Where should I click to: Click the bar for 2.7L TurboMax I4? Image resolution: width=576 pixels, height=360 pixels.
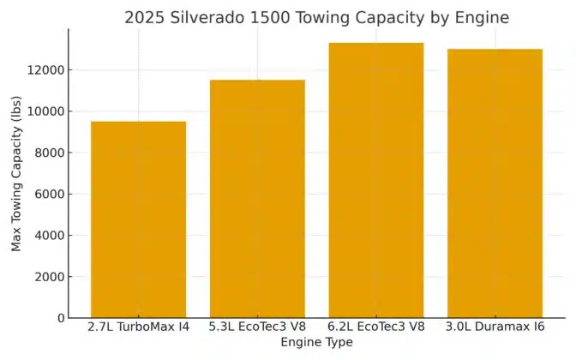138,219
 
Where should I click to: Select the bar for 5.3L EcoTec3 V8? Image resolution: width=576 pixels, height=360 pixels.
257,199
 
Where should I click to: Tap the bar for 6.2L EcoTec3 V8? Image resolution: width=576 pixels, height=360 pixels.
376,180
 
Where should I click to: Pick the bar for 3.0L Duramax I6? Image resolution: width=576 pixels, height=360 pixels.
495,183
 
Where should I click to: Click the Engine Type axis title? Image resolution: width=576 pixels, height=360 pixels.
317,343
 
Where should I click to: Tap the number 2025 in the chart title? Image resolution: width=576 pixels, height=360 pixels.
145,17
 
